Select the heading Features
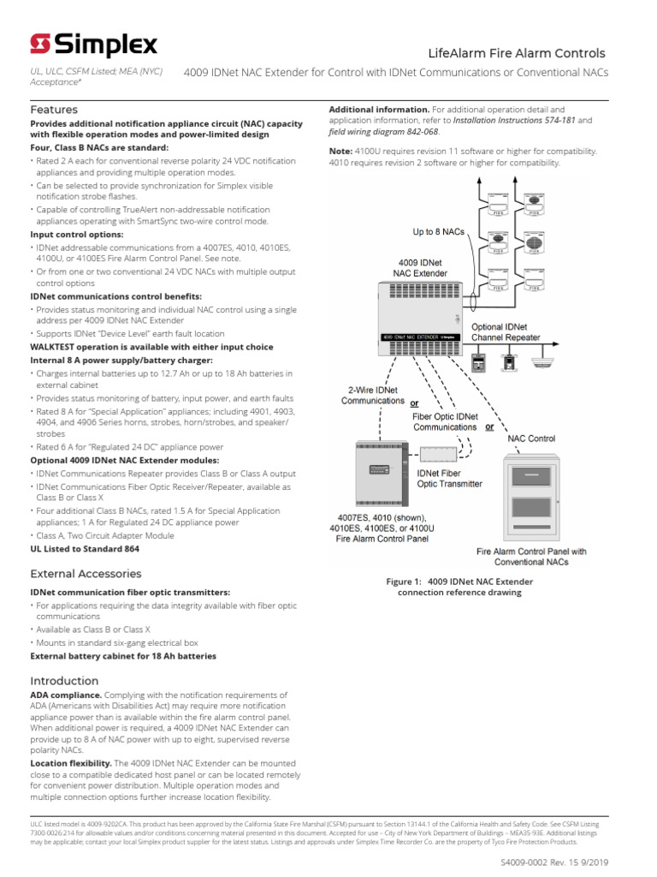coord(54,110)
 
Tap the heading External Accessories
coord(86,573)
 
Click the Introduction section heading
coord(65,681)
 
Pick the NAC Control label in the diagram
coord(531,438)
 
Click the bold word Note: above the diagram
coord(341,150)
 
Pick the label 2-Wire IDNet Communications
coord(372,395)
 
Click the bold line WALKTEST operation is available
coord(151,347)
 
